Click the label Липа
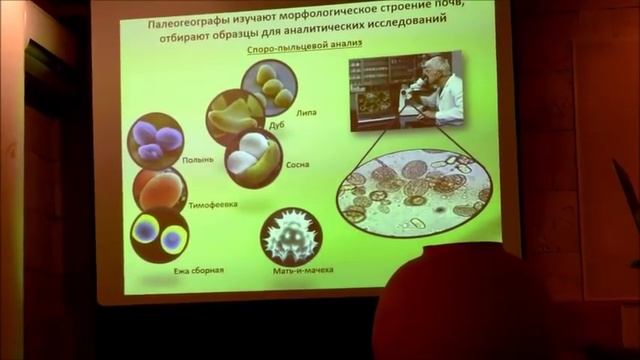(x=306, y=113)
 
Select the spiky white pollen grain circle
(x=291, y=235)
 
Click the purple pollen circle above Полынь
(x=155, y=140)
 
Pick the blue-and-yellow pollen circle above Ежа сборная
(x=160, y=236)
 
